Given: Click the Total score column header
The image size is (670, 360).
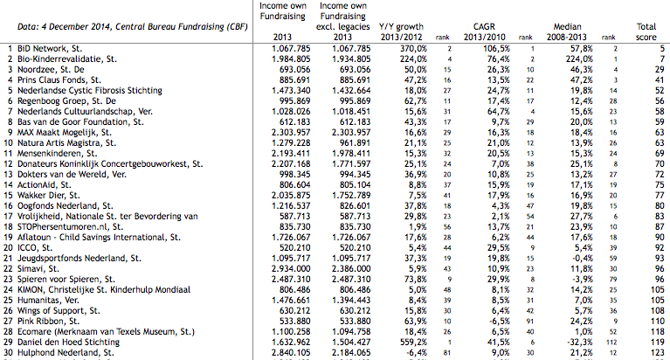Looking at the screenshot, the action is (646, 32).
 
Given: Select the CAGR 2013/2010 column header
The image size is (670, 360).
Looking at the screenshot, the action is (484, 32).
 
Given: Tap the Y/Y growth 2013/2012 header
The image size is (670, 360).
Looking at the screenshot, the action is (401, 32).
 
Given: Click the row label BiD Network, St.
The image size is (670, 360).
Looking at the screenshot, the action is (50, 49).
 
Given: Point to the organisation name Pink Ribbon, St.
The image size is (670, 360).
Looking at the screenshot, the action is (48, 321).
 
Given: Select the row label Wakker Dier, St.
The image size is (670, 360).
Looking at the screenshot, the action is (48, 196).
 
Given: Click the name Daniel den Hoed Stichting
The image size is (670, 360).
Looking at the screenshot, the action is (68, 342).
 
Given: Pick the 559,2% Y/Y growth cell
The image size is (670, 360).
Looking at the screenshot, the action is (413, 342).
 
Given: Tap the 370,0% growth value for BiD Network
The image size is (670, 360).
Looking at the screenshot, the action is (413, 49).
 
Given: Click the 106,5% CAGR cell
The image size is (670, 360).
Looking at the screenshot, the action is (496, 49).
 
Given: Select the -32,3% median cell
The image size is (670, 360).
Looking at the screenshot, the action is (579, 342).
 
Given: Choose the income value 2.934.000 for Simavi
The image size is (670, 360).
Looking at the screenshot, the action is (291, 269).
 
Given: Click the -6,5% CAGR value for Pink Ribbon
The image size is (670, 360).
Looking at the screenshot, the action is (499, 321).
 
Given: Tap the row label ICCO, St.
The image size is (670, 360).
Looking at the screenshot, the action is (35, 248).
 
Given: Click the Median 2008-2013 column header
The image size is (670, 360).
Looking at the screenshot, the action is (567, 32).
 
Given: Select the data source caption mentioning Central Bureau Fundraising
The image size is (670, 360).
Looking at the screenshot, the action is (133, 27).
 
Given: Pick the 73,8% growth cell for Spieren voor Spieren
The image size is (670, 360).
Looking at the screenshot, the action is (415, 280).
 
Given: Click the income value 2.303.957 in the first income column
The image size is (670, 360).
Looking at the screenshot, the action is (291, 133).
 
